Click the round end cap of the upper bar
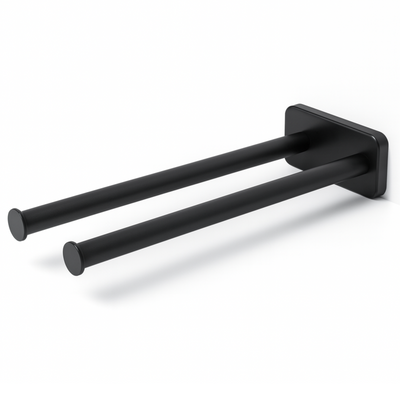(x=17, y=222)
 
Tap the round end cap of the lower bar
(x=72, y=258)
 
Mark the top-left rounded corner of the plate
(x=289, y=108)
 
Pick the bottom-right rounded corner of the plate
(x=379, y=192)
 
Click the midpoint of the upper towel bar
(x=160, y=181)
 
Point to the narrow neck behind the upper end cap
(x=29, y=219)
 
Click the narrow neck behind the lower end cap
(x=86, y=253)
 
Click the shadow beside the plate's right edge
(x=391, y=195)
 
